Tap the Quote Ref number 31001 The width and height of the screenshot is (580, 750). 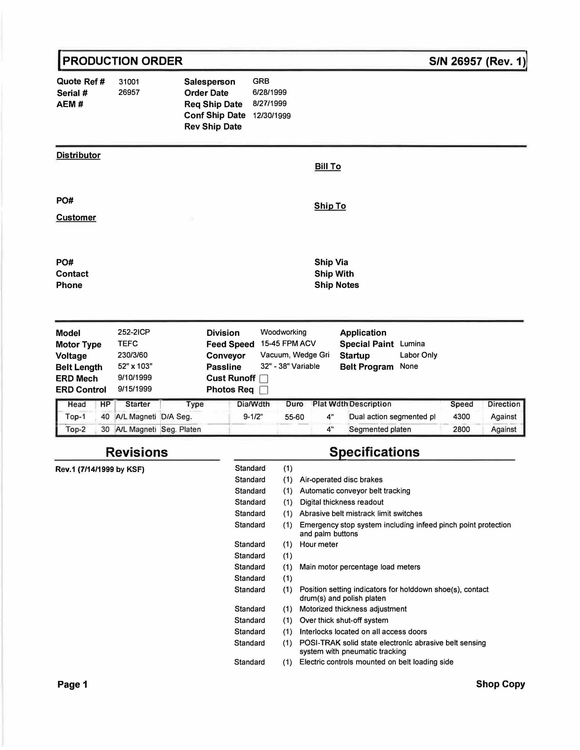129,82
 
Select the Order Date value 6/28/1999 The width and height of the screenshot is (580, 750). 269,92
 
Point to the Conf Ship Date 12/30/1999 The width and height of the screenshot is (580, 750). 272,116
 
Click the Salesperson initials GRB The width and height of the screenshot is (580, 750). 261,81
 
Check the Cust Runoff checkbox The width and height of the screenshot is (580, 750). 263,379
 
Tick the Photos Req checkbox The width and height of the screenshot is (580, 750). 263,390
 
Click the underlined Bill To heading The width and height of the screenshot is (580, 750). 328,167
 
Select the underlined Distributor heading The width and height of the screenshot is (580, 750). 78,155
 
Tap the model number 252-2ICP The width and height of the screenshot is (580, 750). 134,332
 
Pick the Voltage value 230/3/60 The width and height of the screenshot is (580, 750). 132,355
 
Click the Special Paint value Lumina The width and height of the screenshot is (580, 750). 412,344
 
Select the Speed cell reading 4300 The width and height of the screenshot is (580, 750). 461,417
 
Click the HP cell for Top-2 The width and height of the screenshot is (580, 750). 105,429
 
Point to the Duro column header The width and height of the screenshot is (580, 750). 294,404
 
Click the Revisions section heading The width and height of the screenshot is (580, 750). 137,452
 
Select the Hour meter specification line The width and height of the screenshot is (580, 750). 319,544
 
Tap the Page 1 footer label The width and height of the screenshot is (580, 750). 72,684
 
